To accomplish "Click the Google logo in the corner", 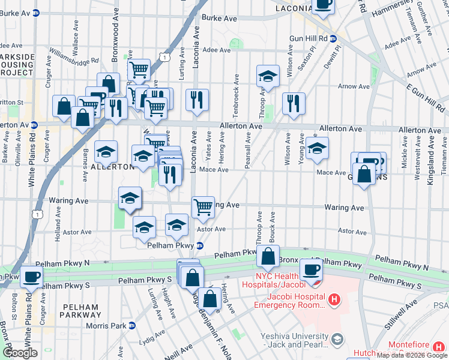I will click(x=21, y=353).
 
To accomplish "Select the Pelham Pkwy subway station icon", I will click(x=200, y=245).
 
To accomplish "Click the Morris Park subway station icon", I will click(x=133, y=326).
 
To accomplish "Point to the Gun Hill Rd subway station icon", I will click(x=334, y=38).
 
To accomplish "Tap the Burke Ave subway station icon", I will click(x=35, y=11).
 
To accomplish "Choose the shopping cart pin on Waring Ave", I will click(x=203, y=207).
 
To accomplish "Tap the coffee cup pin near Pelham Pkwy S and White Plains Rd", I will click(x=31, y=278).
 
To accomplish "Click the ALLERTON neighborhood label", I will click(x=107, y=167).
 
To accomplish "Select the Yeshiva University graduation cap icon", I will click(x=337, y=340).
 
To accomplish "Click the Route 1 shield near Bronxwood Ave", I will click(x=163, y=56).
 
